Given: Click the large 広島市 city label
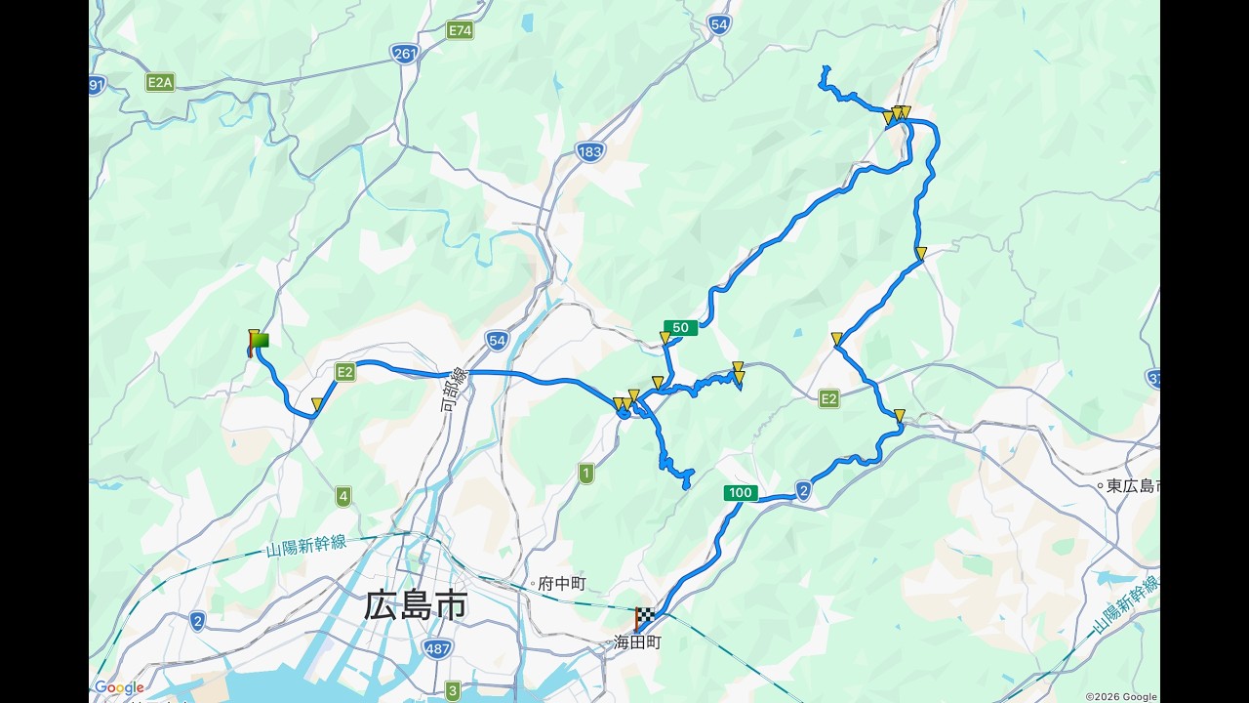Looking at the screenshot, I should (x=416, y=605).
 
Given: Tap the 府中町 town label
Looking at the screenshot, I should (x=561, y=583).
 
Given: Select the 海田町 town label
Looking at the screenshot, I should (x=637, y=642).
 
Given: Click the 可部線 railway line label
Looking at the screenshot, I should (x=456, y=389).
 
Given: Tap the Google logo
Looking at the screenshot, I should (x=119, y=688).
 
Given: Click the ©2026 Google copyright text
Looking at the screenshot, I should (x=1120, y=696).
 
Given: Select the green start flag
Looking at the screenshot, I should (x=260, y=341).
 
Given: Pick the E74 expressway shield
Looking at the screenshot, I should (x=461, y=30).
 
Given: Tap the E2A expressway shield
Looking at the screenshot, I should (x=160, y=82).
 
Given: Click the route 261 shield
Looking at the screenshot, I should (x=404, y=53).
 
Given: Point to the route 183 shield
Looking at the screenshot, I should (x=589, y=151).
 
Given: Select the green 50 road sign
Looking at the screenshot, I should (x=681, y=328).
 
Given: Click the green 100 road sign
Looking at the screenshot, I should (x=741, y=493).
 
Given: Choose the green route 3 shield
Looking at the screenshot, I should (x=453, y=691).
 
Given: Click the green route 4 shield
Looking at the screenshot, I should (x=343, y=496).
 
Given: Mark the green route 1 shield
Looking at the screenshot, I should (x=585, y=474).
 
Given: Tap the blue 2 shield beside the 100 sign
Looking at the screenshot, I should (x=803, y=490).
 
